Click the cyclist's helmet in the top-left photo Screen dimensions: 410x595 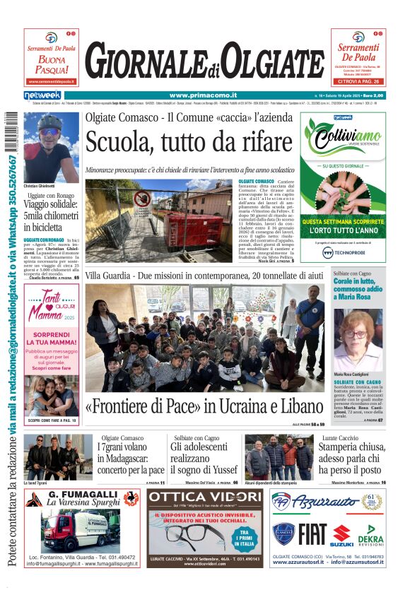(x=49, y=122)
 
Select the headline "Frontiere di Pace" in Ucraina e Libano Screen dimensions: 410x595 (x=204, y=407)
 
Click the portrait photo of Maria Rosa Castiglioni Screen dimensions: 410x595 (x=358, y=338)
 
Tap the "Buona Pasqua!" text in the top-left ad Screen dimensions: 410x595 (x=52, y=65)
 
